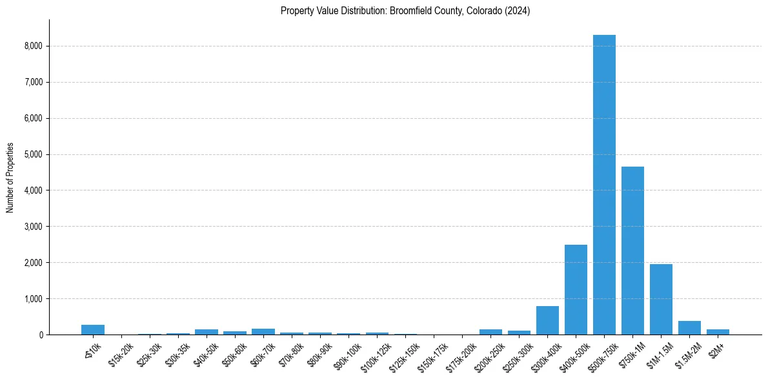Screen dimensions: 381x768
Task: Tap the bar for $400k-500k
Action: [x=576, y=290]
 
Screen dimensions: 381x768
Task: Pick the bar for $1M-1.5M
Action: [x=661, y=300]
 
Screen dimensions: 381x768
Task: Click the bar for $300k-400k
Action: [x=547, y=321]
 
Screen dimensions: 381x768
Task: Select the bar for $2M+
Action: [x=718, y=332]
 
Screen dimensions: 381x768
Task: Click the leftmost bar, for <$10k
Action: [x=93, y=330]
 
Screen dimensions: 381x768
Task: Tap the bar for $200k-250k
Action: [x=490, y=332]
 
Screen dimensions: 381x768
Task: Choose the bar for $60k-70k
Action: [x=263, y=332]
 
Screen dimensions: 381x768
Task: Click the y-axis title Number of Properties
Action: [x=10, y=177]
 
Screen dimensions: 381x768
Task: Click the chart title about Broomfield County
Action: [x=405, y=11]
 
